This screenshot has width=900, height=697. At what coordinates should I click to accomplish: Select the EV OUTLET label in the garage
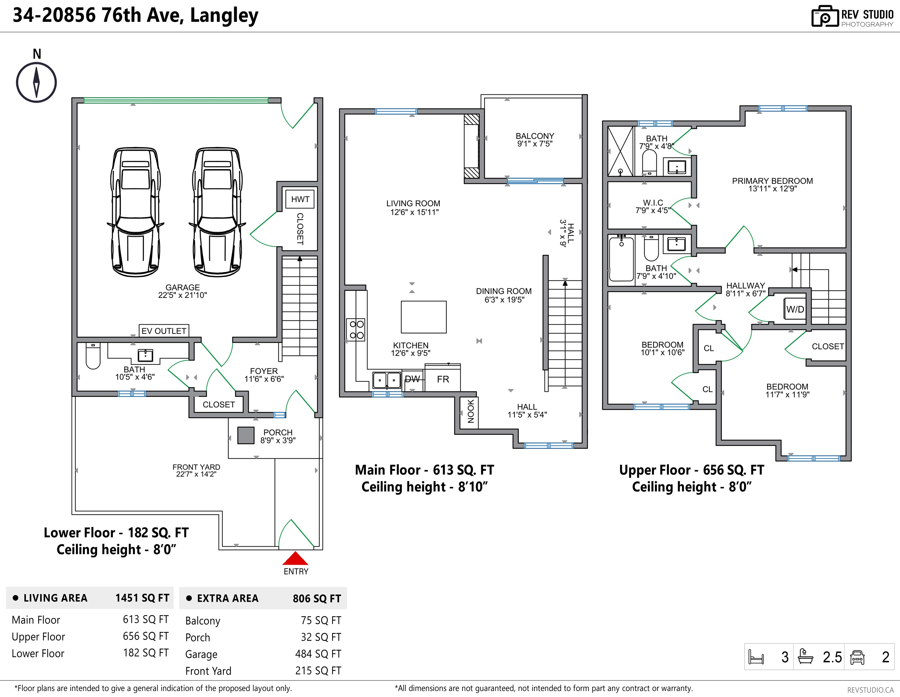pos(164,331)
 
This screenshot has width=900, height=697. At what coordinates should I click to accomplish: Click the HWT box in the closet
pos(300,199)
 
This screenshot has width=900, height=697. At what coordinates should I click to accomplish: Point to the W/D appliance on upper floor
pos(795,309)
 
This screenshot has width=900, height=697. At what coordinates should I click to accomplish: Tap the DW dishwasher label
pos(412,379)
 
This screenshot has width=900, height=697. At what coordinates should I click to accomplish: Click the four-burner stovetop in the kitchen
pos(357,330)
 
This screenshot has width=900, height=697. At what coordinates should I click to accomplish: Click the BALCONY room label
pos(535,136)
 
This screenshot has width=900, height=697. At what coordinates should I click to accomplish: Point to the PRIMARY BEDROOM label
pos(772,181)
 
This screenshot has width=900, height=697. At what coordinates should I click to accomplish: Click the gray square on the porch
pos(246,435)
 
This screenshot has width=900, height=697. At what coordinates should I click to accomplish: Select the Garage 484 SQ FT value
pos(318,654)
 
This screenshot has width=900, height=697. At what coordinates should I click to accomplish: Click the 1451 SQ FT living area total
pos(142,598)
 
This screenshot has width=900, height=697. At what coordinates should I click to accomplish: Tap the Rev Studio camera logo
pos(825,17)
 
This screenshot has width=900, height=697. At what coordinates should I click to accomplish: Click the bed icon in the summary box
pos(756,657)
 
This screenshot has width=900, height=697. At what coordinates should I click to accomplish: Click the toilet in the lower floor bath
pos(93,356)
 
